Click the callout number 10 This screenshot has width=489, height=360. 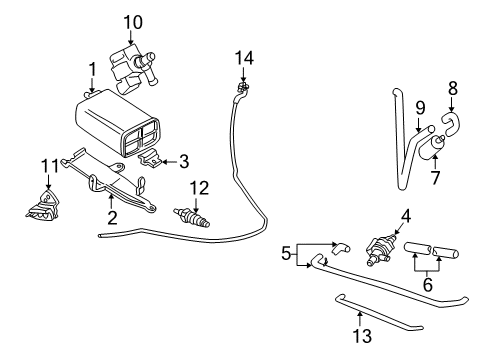[133, 20]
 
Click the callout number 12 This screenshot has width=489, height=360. [200, 187]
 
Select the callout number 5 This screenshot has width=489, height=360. [286, 253]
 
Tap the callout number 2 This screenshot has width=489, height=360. [111, 214]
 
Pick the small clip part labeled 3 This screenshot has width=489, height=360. [151, 157]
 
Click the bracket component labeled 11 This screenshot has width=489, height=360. [41, 202]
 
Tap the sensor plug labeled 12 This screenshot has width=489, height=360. [190, 214]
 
